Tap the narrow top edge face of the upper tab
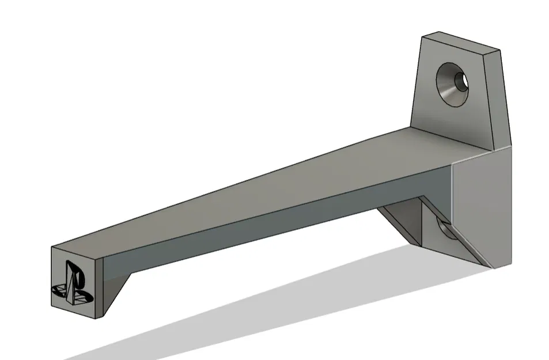(461, 43)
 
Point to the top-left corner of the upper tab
(422, 35)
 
